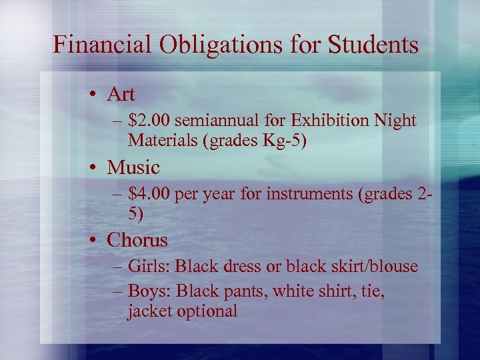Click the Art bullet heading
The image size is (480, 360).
[121, 94]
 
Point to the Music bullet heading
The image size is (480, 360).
[133, 167]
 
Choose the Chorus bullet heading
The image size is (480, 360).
[137, 239]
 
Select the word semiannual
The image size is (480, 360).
[217, 121]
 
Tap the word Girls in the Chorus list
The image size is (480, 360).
[149, 267]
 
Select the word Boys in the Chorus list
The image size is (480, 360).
[147, 291]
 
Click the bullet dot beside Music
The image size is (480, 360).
[95, 167]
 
